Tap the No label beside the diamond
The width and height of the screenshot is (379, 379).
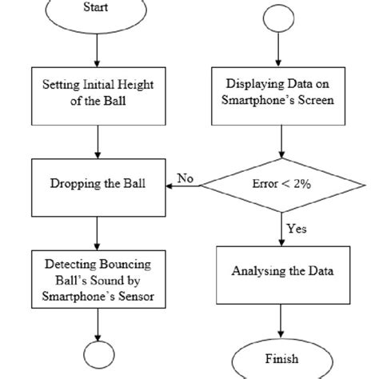(x=186, y=178)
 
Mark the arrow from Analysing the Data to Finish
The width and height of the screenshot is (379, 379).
(x=280, y=320)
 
